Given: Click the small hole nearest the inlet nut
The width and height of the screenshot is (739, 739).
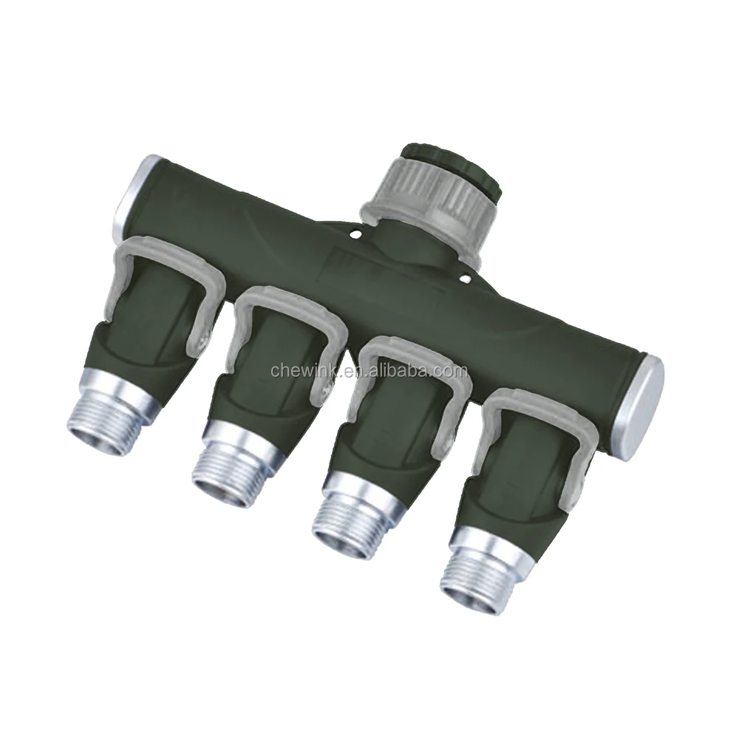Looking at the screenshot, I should pos(355,235).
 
